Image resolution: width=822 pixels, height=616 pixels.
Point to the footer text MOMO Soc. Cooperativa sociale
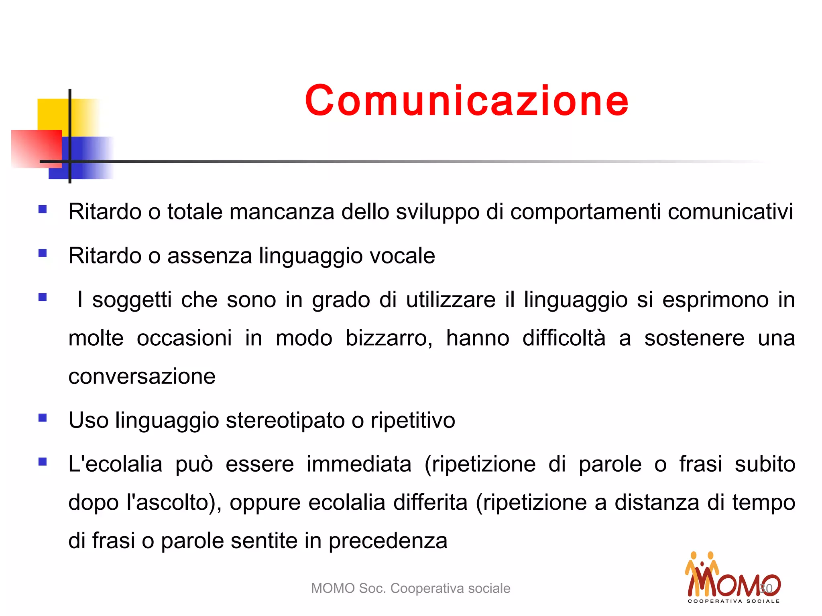[410, 588]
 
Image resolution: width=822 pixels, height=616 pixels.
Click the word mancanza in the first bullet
[282, 212]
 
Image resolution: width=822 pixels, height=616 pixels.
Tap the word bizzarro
[389, 338]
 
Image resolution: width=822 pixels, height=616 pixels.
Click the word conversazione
[142, 376]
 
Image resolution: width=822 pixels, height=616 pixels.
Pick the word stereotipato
[285, 420]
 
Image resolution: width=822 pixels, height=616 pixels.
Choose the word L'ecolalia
[115, 464]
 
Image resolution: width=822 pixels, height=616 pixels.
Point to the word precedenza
[388, 541]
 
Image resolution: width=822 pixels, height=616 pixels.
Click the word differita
[430, 503]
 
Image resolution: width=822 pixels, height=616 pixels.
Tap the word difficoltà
[564, 338]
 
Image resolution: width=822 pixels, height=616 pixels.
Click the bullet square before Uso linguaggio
[43, 418]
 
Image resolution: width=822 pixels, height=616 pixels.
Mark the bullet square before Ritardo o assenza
[43, 253]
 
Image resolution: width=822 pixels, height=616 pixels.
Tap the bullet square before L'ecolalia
[43, 462]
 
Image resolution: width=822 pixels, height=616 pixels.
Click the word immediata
[359, 464]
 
